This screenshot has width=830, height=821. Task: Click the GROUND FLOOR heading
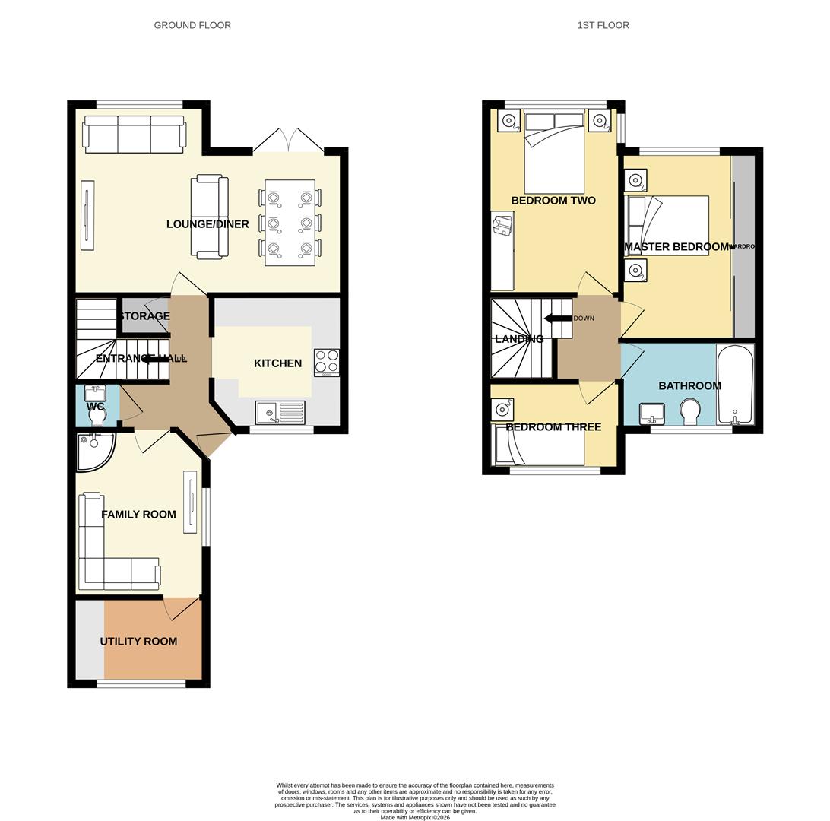pyautogui.click(x=192, y=25)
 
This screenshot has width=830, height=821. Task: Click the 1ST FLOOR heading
pyautogui.click(x=603, y=25)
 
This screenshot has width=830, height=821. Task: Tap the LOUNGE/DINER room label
pyautogui.click(x=207, y=224)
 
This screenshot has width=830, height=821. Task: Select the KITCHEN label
pyautogui.click(x=277, y=363)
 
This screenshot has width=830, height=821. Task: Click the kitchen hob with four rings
pyautogui.click(x=327, y=362)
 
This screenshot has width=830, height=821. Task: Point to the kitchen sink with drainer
pyautogui.click(x=280, y=413)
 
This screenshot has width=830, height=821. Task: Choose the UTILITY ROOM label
pyautogui.click(x=138, y=642)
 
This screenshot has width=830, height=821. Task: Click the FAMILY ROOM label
pyautogui.click(x=138, y=515)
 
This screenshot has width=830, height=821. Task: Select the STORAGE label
pyautogui.click(x=144, y=316)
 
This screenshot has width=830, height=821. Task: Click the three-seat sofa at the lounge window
pyautogui.click(x=134, y=135)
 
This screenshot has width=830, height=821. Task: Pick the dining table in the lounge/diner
pyautogui.click(x=290, y=223)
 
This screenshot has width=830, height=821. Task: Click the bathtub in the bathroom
pyautogui.click(x=735, y=384)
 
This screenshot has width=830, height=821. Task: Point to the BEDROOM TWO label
pyautogui.click(x=553, y=201)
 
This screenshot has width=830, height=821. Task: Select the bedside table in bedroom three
pyautogui.click(x=502, y=410)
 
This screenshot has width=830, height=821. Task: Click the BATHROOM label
pyautogui.click(x=689, y=386)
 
